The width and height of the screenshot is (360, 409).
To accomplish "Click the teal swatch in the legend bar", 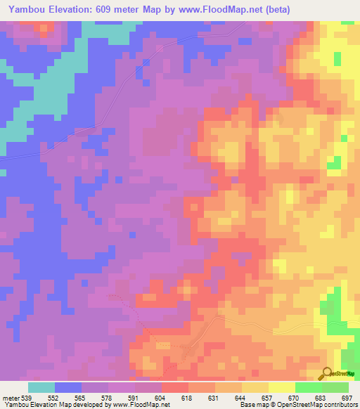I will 41,387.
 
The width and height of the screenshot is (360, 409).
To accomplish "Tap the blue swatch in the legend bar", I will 68,387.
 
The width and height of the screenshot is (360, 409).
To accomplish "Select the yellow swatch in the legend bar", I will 282,387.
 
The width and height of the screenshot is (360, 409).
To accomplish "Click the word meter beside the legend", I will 11,397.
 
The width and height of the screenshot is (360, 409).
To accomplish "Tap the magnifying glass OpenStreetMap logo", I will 327,373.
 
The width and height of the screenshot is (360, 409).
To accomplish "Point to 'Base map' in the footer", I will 251,405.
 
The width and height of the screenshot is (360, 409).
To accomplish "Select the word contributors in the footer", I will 338,405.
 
